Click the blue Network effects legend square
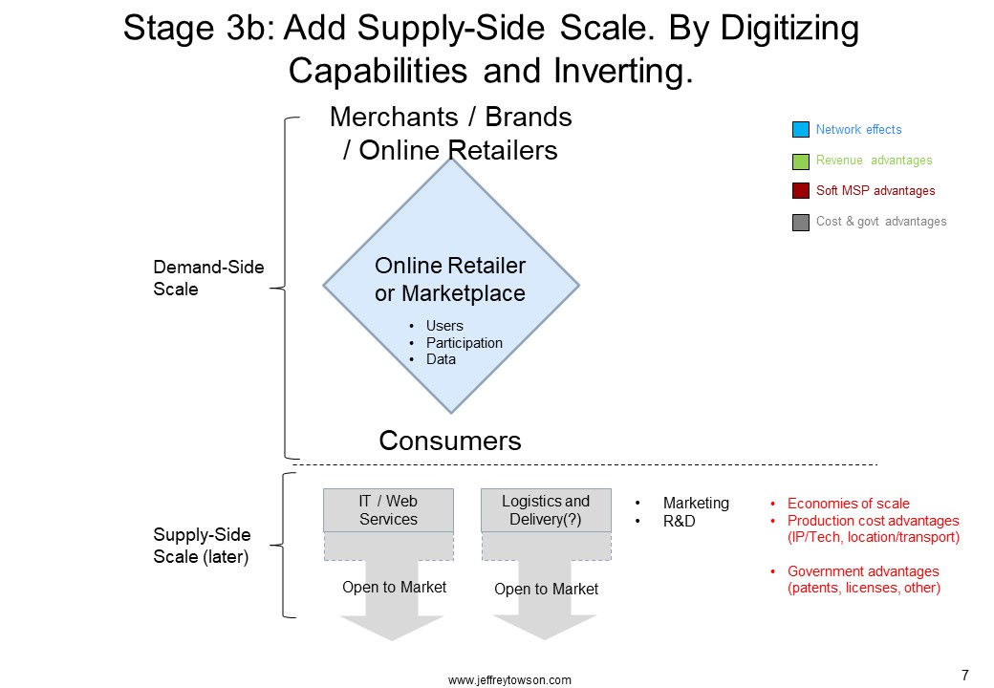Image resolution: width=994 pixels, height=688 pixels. click(x=801, y=129)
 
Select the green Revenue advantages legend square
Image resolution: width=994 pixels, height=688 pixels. click(x=801, y=161)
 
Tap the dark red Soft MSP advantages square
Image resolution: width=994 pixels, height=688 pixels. click(x=801, y=191)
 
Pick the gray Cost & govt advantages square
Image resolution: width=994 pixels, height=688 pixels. click(x=801, y=223)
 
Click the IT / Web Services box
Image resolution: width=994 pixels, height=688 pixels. click(x=388, y=510)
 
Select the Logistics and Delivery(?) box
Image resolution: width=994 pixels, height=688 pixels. click(x=546, y=510)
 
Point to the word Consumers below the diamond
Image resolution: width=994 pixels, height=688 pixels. click(x=450, y=441)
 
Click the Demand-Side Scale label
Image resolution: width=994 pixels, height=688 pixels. click(x=208, y=278)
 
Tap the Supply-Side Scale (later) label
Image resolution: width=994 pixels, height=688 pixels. click(x=202, y=546)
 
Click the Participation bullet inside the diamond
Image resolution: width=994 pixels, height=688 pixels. click(x=465, y=343)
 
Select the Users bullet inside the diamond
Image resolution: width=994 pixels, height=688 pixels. click(x=444, y=326)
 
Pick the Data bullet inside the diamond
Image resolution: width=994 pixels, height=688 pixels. click(x=441, y=359)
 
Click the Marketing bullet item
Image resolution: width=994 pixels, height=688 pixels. click(x=696, y=503)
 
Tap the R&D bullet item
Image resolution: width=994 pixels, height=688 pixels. click(x=679, y=522)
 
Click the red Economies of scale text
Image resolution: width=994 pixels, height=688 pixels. click(x=848, y=504)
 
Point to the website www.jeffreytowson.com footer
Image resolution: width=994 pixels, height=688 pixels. click(x=509, y=680)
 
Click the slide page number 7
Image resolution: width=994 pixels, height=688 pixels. click(x=964, y=676)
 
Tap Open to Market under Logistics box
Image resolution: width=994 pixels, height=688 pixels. click(x=546, y=590)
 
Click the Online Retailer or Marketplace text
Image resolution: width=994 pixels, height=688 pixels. click(x=450, y=279)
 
